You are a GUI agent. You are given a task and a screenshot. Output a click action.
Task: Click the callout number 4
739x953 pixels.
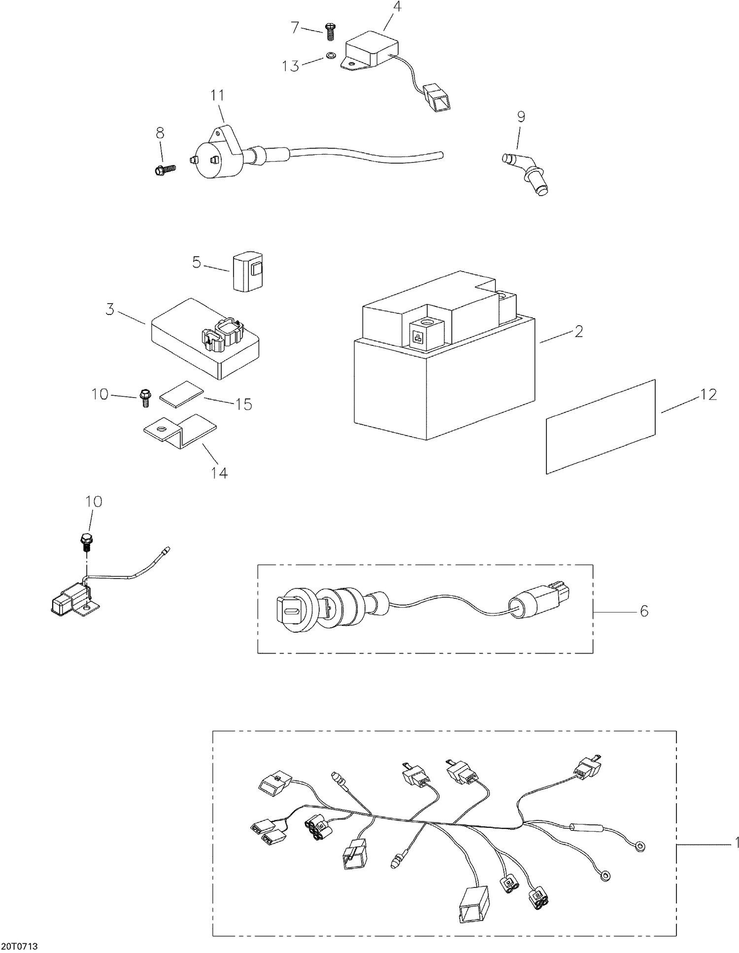397,7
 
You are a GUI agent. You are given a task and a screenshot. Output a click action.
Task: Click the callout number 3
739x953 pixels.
110,309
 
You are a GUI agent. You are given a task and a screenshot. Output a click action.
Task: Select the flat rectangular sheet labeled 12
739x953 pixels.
601,426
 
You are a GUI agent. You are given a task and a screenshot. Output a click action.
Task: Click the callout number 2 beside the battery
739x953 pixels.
579,331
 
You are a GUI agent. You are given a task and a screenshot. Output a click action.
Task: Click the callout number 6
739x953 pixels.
644,611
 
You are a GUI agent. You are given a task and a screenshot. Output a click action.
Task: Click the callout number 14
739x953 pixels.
219,473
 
